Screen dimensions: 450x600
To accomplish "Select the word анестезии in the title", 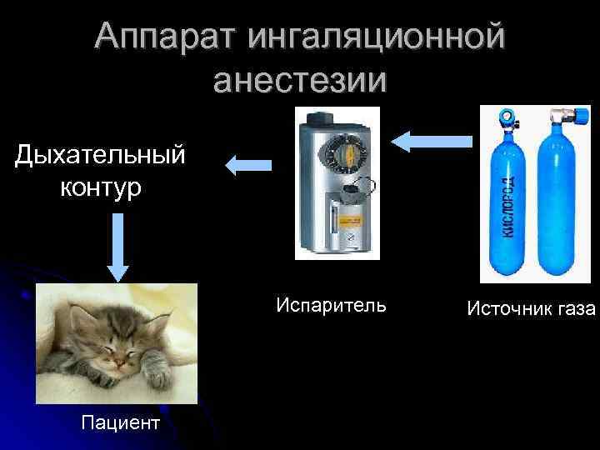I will click(300, 81).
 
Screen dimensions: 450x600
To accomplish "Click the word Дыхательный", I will click(100, 154).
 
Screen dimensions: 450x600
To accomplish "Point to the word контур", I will click(100, 187).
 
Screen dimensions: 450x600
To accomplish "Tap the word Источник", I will click(509, 309).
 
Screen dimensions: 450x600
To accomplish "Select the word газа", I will click(576, 309).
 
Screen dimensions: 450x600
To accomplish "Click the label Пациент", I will click(120, 422).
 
